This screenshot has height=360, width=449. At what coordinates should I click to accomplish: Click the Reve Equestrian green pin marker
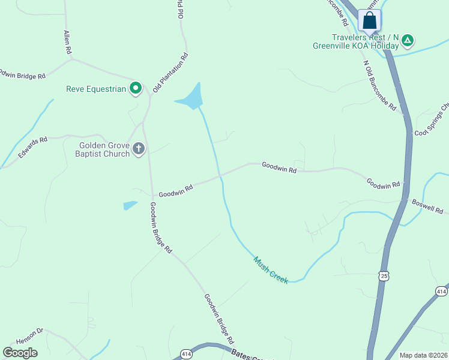pyautogui.click(x=136, y=89)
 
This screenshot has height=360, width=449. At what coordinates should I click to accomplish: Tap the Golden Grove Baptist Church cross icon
pyautogui.click(x=139, y=149)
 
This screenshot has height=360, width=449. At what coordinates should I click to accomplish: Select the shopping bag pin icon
pyautogui.click(x=370, y=20)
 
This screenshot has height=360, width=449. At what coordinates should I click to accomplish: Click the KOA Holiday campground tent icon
pyautogui.click(x=408, y=41)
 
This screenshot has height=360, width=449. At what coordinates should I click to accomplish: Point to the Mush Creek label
pyautogui.click(x=271, y=271)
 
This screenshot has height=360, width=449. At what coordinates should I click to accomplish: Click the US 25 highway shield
pyautogui.click(x=384, y=275)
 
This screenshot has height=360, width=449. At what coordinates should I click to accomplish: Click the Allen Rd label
pyautogui.click(x=67, y=42)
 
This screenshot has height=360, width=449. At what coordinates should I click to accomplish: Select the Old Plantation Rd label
pyautogui.click(x=170, y=73)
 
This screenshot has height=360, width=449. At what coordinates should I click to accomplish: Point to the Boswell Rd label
pyautogui.click(x=427, y=207)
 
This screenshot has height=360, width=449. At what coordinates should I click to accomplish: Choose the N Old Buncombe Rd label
pyautogui.click(x=379, y=85)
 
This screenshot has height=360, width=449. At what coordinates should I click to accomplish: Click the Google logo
pyautogui.click(x=20, y=353)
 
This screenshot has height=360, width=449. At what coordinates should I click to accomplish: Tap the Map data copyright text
pyautogui.click(x=423, y=355)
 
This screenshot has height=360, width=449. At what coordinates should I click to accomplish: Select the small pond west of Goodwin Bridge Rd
pyautogui.click(x=130, y=205)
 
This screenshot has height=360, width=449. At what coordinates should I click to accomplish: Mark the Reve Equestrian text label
pyautogui.click(x=96, y=89)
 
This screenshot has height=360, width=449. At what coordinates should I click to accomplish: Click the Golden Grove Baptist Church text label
pyautogui.click(x=104, y=149)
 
